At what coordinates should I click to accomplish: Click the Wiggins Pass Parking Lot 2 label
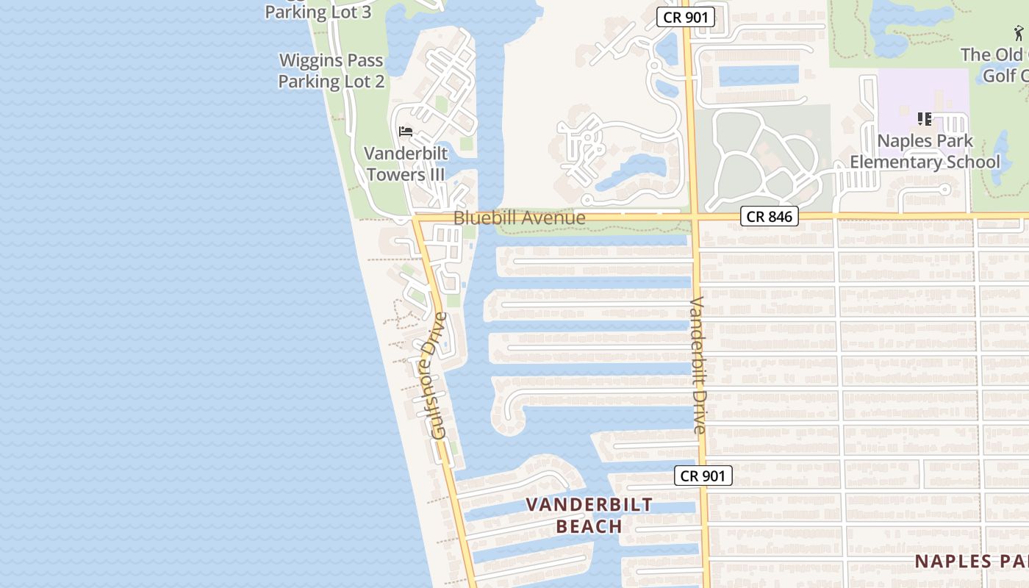[x=331, y=71]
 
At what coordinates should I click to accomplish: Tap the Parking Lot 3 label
[x=318, y=12]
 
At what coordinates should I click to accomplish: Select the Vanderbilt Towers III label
[x=406, y=164]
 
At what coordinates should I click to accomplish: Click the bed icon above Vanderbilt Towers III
[x=406, y=132]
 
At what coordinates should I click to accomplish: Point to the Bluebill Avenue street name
[x=519, y=218]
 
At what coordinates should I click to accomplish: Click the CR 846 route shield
[x=769, y=216]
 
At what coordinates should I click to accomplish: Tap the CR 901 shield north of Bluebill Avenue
[x=685, y=17]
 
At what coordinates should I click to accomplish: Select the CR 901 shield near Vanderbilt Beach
[x=703, y=476]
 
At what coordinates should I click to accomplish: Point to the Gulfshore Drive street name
[x=438, y=376]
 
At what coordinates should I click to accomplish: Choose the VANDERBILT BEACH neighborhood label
[x=589, y=515]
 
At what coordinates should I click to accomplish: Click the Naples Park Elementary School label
[x=925, y=151]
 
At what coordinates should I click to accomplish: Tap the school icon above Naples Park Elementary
[x=925, y=118]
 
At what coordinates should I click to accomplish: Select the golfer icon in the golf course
[x=1019, y=33]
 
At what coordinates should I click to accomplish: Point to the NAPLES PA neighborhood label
[x=971, y=562]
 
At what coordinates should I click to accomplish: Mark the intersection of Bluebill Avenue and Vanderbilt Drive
[x=694, y=217]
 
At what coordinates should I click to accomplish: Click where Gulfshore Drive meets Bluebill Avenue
[x=416, y=218]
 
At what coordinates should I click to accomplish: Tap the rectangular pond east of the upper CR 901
[x=758, y=76]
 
